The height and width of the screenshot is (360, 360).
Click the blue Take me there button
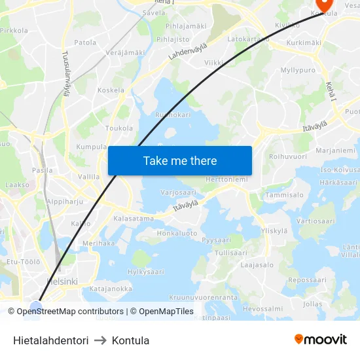pos(180,160)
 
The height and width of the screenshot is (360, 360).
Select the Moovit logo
pos(320,340)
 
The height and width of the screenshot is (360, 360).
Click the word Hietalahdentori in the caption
pos(50,340)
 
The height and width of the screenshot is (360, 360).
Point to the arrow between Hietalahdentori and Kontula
pos(100,340)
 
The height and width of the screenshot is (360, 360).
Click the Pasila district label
pos(43,170)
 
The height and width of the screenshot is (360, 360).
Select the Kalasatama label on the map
pos(134,219)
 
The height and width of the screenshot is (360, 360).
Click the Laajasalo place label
pos(257,265)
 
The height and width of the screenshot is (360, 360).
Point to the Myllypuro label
pos(297,70)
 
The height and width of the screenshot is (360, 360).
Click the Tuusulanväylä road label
pos(65,74)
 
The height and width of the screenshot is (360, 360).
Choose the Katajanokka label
pos(111,289)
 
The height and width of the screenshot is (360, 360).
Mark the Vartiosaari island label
pos(316,221)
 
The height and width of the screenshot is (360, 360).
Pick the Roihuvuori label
pos(288,156)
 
